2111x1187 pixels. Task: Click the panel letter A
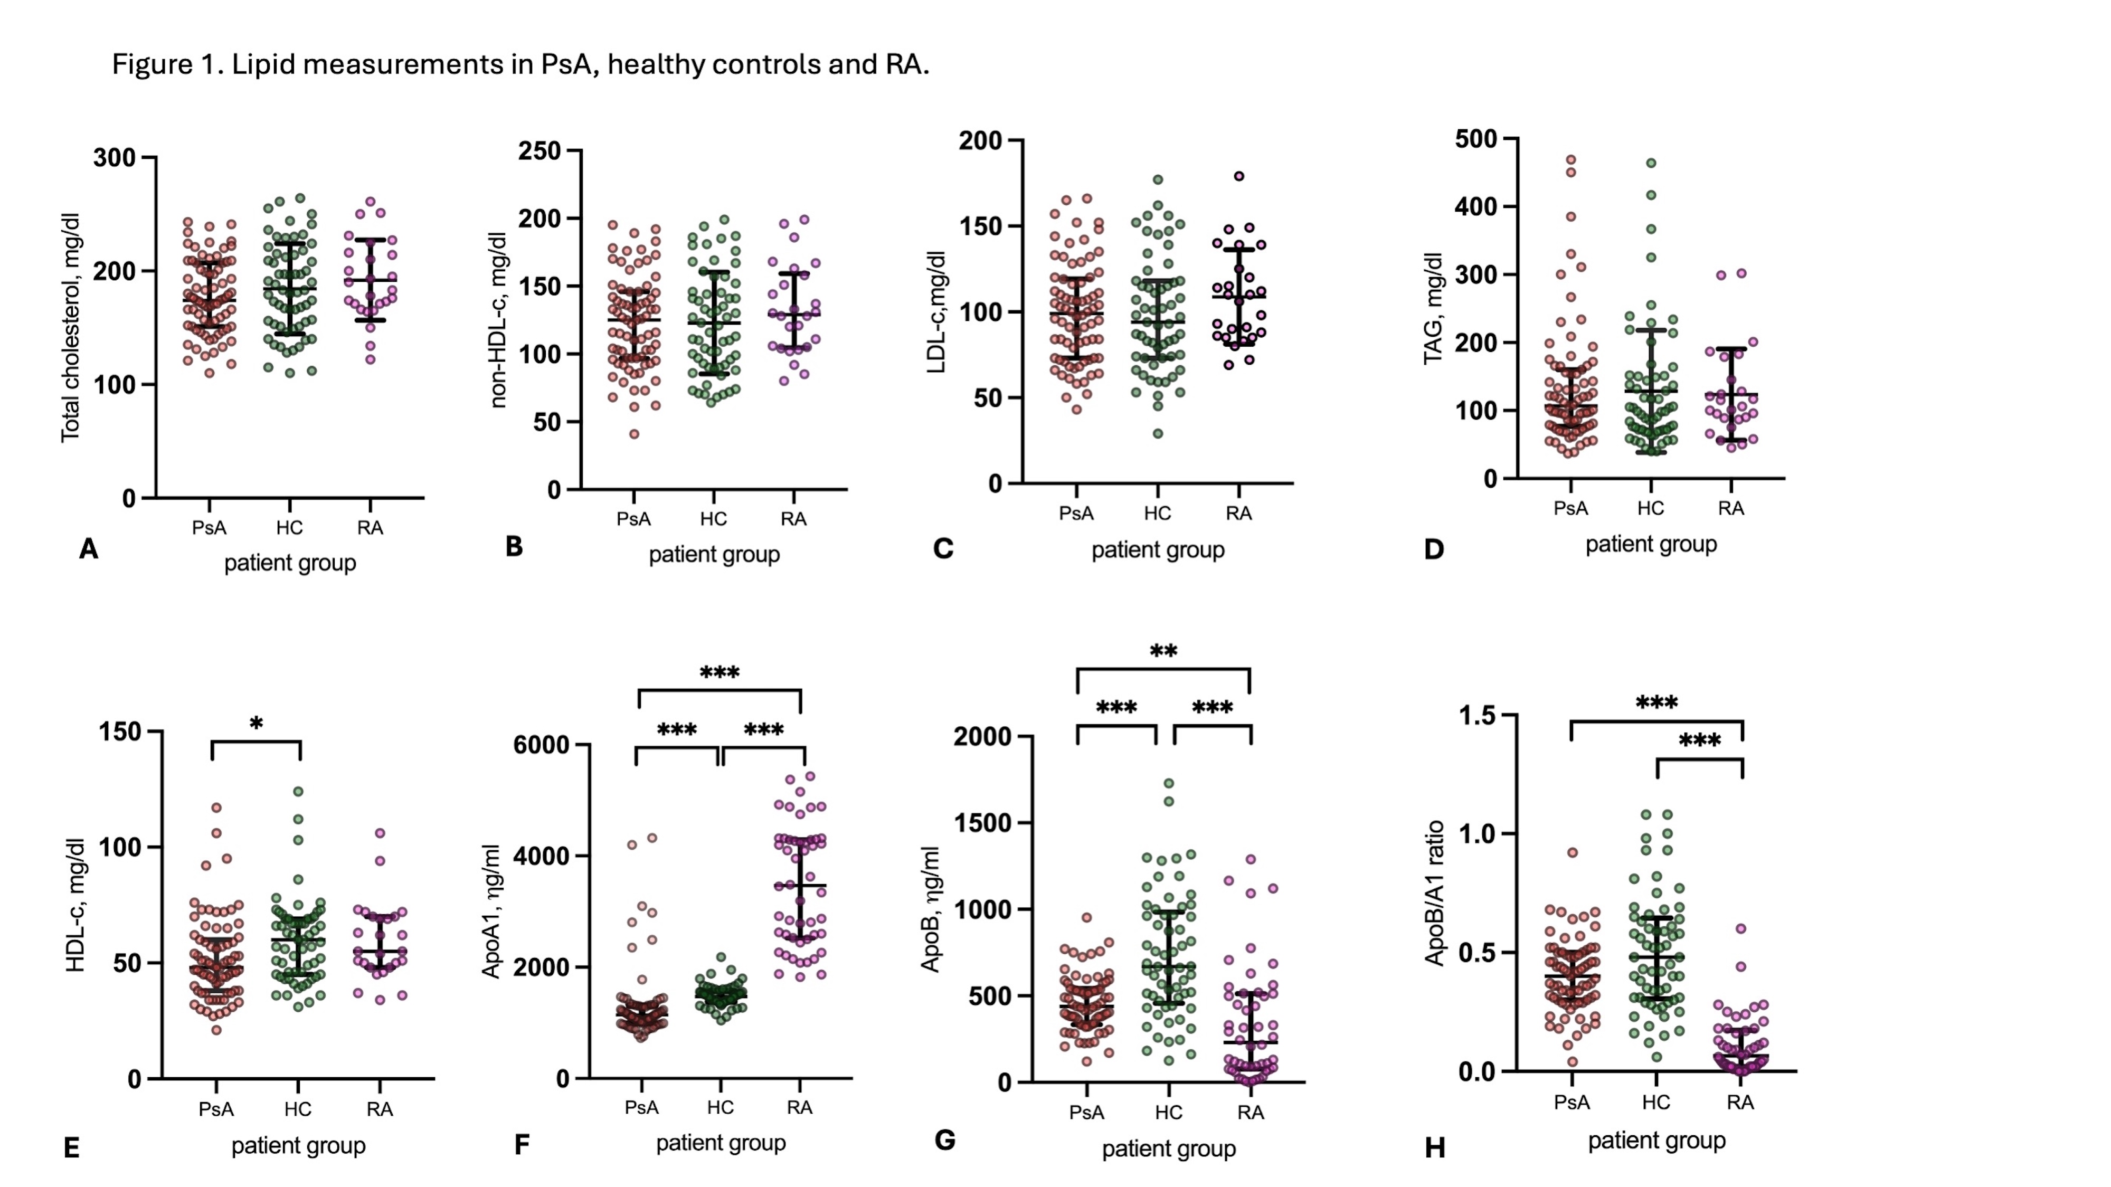[89, 549]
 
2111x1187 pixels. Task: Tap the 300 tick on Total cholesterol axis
[114, 157]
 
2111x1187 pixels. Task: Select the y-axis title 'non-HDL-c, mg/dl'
[498, 319]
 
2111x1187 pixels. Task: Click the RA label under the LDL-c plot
[1238, 514]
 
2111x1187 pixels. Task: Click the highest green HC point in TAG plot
[1651, 163]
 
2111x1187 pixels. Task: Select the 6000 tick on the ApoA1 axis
[541, 745]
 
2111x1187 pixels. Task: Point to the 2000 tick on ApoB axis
[982, 736]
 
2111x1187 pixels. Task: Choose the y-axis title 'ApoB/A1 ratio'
[1434, 893]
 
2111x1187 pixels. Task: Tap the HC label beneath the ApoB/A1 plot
[1655, 1103]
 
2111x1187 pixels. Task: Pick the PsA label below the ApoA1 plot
[641, 1107]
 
